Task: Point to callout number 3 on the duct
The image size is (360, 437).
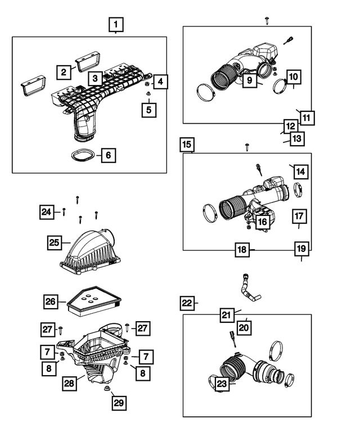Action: click(96, 78)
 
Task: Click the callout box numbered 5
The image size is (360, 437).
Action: click(148, 109)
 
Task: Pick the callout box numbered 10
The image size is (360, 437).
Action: click(294, 76)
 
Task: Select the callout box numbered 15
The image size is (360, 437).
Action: click(187, 145)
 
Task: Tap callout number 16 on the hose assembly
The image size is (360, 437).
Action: click(262, 222)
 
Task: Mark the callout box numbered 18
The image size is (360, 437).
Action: click(241, 250)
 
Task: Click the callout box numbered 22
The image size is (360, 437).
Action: click(187, 303)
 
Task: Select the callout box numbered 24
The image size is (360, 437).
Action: click(47, 212)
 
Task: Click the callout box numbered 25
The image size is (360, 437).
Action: click(54, 242)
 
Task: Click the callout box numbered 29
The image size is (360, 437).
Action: click(119, 403)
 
